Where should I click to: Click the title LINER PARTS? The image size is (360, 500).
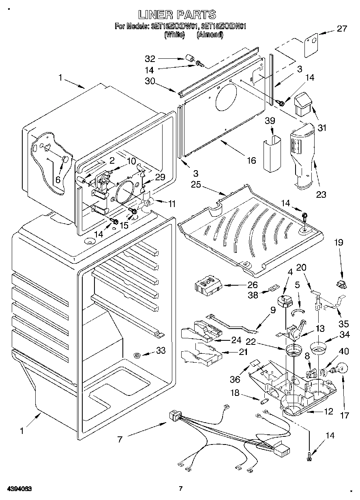click(177, 15)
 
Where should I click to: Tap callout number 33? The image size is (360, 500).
click(161, 350)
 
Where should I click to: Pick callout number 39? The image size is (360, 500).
click(270, 121)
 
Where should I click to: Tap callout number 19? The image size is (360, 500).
click(339, 243)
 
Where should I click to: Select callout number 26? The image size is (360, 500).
click(252, 285)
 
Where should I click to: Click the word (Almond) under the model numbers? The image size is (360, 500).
click(210, 35)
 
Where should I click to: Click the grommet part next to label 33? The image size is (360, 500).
click(138, 355)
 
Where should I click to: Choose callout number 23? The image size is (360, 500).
click(321, 194)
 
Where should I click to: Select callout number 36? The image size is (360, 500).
click(235, 379)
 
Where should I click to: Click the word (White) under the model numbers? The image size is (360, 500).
click(174, 35)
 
